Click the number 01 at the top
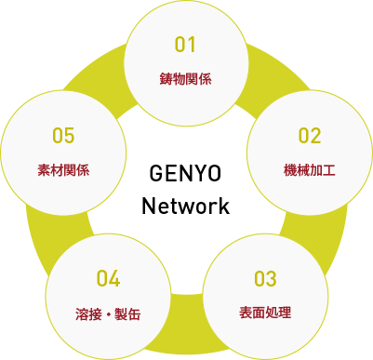tap(186, 45)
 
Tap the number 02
tap(309, 135)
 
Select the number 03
tap(265, 278)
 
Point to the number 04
tap(109, 278)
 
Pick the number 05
tap(63, 136)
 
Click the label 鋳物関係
tap(186, 78)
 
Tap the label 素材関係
tap(63, 170)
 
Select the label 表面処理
tap(265, 312)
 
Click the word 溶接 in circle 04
tap(87, 313)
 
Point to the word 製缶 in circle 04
tap(128, 313)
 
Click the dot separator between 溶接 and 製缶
tap(108, 313)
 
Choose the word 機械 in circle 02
tap(297, 170)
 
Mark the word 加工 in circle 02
tap(322, 170)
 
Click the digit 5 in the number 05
tap(69, 136)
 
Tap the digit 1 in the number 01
tap(193, 45)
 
